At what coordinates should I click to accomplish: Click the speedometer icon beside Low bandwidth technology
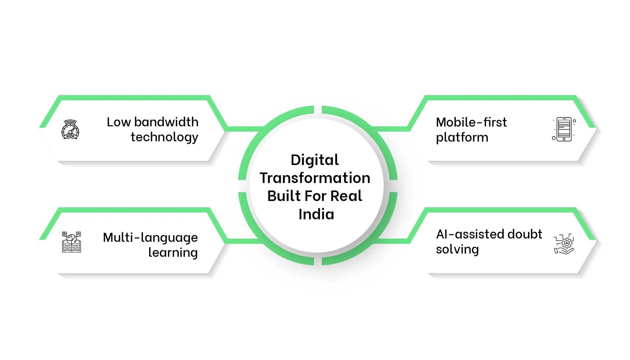point(70,130)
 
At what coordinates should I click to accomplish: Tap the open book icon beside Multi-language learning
point(71,242)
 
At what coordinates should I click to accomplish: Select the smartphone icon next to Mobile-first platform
point(564,129)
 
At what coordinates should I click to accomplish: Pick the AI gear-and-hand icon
point(564,244)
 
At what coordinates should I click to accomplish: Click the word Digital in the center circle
point(314,160)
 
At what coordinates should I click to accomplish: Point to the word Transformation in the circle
point(315,178)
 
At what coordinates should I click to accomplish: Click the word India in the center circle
point(316,214)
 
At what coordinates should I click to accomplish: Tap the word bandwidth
point(166,122)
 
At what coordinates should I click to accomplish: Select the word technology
point(164,137)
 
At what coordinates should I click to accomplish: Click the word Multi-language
point(150,238)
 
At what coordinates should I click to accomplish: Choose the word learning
point(173,253)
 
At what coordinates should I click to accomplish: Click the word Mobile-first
point(471,122)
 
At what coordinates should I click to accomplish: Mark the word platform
point(462,137)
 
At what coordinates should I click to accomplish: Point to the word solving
point(457,250)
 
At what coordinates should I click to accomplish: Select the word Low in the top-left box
point(119,122)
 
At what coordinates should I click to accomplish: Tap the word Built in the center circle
point(284,196)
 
